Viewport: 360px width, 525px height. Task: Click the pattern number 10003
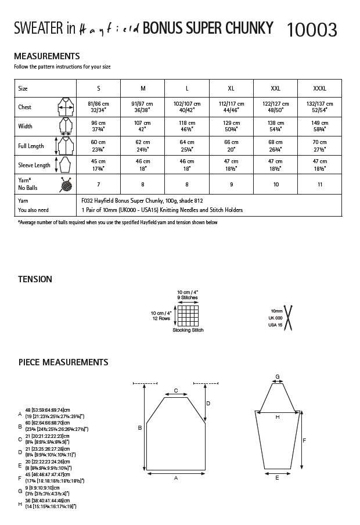[x=311, y=29]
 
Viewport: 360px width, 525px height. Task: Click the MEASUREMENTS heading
[x=47, y=56]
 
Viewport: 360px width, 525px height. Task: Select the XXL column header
[x=275, y=89]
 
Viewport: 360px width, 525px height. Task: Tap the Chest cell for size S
[x=98, y=107]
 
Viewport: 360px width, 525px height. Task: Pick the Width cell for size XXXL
[x=319, y=126]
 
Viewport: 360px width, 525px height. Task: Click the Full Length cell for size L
[x=187, y=145]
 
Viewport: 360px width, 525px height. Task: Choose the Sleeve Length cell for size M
[x=143, y=164]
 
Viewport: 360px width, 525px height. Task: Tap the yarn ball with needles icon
[x=65, y=184]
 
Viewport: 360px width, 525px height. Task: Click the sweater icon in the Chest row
[x=64, y=107]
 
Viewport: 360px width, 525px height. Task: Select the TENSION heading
[x=35, y=279]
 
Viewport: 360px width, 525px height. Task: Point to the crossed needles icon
[x=289, y=318]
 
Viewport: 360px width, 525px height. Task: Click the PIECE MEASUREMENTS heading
[x=63, y=362]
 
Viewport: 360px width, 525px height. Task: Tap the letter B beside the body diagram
[x=139, y=428]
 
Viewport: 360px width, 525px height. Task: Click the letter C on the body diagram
[x=176, y=391]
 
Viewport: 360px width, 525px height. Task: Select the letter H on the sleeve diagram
[x=277, y=416]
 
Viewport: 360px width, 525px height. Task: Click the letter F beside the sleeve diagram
[x=305, y=440]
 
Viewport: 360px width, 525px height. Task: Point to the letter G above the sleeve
[x=278, y=377]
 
